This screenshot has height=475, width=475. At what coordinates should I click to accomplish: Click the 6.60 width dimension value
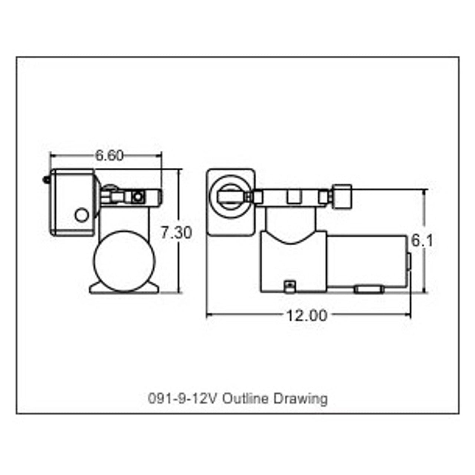tap(109, 155)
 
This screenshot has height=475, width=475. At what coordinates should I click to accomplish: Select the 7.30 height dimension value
tap(176, 233)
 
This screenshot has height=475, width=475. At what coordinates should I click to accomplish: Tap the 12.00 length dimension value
tap(307, 315)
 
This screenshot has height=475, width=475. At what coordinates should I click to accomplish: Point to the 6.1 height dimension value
tap(422, 241)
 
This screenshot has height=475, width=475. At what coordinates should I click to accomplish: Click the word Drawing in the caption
tap(301, 399)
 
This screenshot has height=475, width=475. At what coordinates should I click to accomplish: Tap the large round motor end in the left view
tap(124, 261)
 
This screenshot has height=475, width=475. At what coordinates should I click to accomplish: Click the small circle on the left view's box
tap(81, 215)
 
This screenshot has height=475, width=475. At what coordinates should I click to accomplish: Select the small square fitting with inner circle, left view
tap(138, 197)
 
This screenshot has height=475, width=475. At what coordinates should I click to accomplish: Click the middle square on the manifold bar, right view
tap(293, 196)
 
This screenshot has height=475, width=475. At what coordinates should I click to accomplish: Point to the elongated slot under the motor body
tap(368, 289)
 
